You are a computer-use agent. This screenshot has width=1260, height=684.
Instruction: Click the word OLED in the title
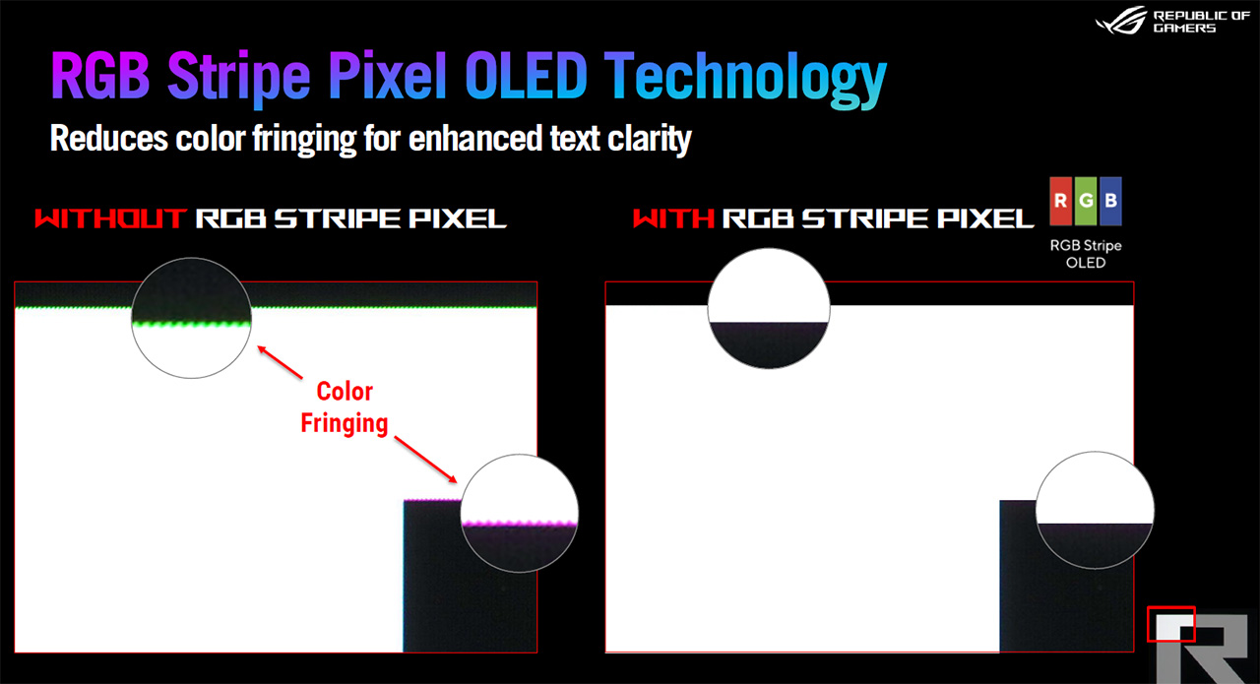[527, 76]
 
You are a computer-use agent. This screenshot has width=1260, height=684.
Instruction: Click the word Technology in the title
[746, 80]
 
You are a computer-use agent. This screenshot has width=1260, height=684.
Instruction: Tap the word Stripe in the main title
[238, 79]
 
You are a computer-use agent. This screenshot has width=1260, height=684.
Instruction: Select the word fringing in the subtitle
[304, 139]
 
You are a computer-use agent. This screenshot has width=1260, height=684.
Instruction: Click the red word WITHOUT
[110, 218]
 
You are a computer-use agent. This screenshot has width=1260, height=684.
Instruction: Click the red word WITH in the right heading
[674, 218]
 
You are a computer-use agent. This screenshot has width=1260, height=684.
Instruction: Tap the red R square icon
[1060, 201]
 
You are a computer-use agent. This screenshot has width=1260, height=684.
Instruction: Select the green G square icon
[1086, 201]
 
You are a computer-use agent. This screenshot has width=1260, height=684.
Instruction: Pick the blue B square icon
[1110, 201]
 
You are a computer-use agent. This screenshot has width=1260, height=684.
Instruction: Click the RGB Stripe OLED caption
[1086, 254]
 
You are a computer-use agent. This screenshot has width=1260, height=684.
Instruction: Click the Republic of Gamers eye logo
[1121, 21]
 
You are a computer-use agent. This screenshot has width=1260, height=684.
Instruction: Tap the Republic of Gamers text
[1201, 22]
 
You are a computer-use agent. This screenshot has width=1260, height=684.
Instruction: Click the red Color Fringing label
[345, 407]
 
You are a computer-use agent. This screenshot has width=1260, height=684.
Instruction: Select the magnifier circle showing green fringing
[191, 318]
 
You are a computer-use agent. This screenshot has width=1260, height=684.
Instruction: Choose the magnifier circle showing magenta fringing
[519, 513]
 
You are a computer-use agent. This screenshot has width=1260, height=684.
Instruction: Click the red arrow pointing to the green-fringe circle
[281, 362]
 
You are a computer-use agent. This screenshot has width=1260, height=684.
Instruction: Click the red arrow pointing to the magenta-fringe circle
[426, 459]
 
